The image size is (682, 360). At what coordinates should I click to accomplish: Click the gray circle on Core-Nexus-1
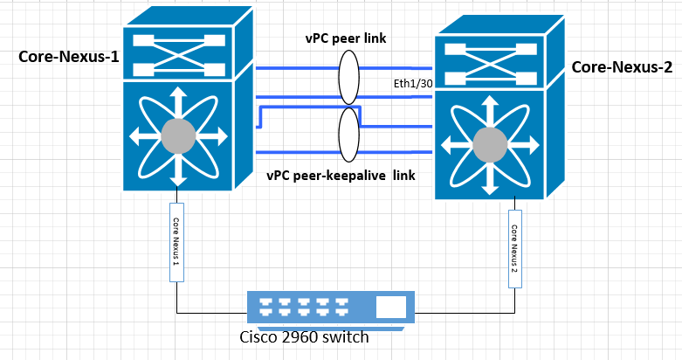(x=178, y=135)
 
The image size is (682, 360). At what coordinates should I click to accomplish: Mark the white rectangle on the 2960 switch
(x=391, y=307)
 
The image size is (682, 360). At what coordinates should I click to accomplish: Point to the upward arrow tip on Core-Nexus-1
(x=178, y=88)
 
